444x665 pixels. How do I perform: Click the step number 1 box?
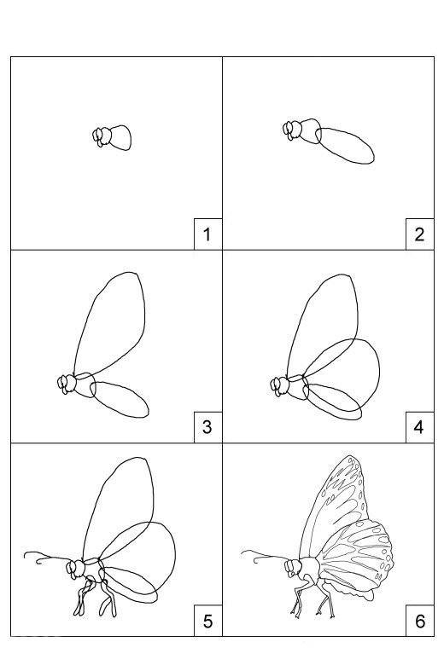point(207,234)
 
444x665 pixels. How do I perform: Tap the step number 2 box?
point(419,234)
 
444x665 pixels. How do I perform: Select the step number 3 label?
point(207,427)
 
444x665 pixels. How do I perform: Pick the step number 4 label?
point(419,427)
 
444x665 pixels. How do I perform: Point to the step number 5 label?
point(207,621)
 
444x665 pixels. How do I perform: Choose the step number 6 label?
point(420,621)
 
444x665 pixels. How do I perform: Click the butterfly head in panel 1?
point(102,136)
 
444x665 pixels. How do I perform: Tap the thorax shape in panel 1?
point(120,137)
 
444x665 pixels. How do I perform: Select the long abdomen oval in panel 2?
point(345,146)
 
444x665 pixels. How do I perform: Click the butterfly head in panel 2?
point(292,130)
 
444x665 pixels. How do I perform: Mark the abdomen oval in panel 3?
point(120,399)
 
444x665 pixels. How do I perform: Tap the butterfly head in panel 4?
point(279,386)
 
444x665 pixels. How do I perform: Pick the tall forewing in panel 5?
point(118,509)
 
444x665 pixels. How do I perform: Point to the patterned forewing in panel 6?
point(334,506)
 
